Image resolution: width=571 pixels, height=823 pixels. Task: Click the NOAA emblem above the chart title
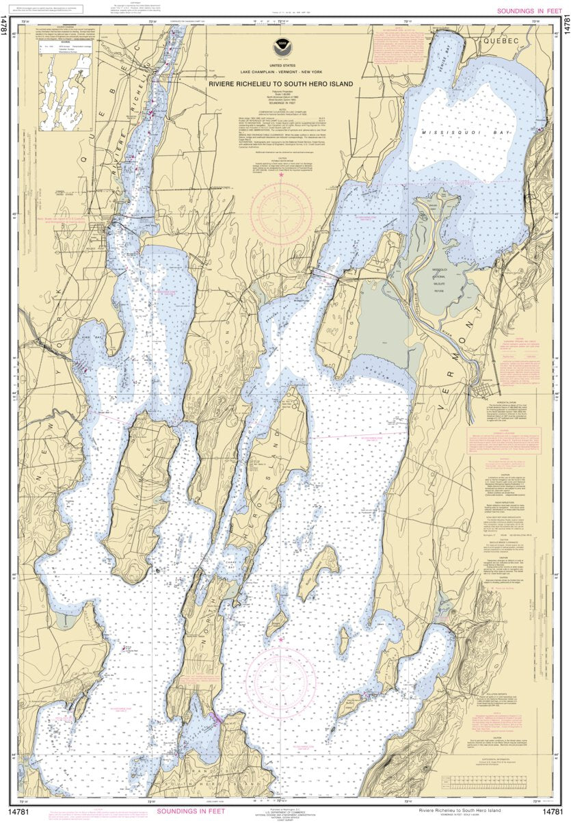tap(281, 48)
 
